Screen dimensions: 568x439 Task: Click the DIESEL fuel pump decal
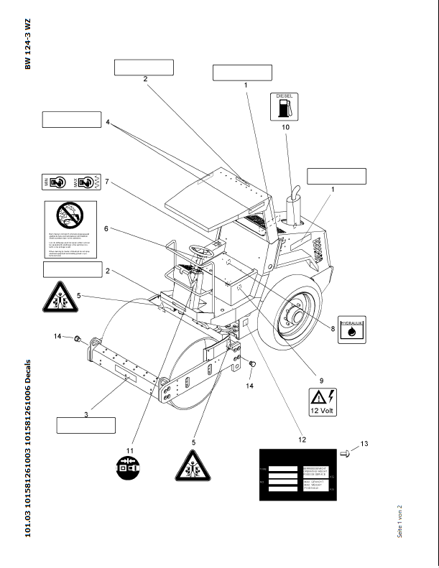point(285,106)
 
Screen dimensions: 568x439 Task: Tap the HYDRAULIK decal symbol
point(351,330)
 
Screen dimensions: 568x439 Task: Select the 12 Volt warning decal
point(325,401)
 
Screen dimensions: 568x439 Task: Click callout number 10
point(285,127)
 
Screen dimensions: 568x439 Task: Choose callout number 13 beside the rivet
point(364,444)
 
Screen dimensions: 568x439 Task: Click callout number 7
point(106,182)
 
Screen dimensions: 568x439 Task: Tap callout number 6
point(106,229)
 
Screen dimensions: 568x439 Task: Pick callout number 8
point(333,329)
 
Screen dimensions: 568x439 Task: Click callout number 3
point(86,414)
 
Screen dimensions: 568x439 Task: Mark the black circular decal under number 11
point(130,469)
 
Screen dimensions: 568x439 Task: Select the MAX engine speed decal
point(86,183)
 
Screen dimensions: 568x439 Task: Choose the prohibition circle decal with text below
point(70,229)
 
